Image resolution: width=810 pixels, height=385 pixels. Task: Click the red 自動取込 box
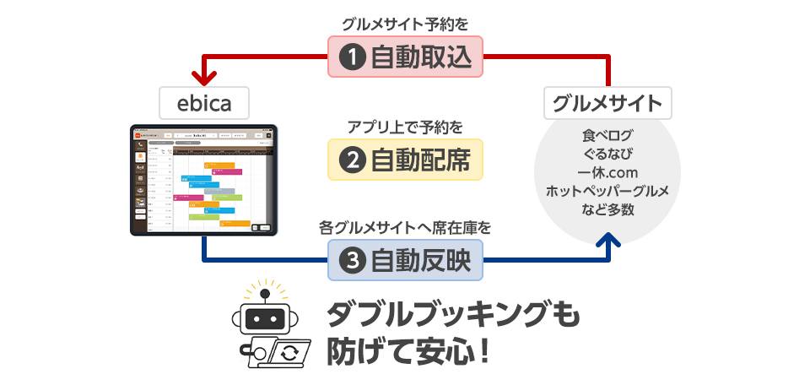click(x=405, y=57)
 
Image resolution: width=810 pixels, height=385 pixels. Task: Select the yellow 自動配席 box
click(x=405, y=159)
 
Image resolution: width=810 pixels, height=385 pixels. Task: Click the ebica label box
click(x=203, y=103)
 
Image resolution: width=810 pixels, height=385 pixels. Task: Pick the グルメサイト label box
click(x=607, y=103)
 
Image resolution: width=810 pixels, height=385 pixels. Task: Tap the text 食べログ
click(x=607, y=135)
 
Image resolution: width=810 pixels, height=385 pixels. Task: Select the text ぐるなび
click(x=607, y=154)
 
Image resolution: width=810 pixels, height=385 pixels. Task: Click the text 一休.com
click(x=607, y=172)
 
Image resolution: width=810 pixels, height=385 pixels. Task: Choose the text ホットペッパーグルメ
click(x=607, y=191)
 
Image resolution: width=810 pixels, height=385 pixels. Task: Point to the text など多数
click(x=607, y=209)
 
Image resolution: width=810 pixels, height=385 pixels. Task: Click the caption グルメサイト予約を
click(x=405, y=24)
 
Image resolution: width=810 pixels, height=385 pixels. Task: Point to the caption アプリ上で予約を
click(x=405, y=127)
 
